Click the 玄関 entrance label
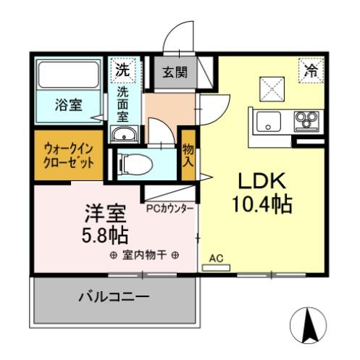[x=174, y=72]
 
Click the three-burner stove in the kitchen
[x=306, y=120]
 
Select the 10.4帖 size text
[x=262, y=205]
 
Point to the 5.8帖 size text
[x=105, y=235]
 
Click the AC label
[x=215, y=257]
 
